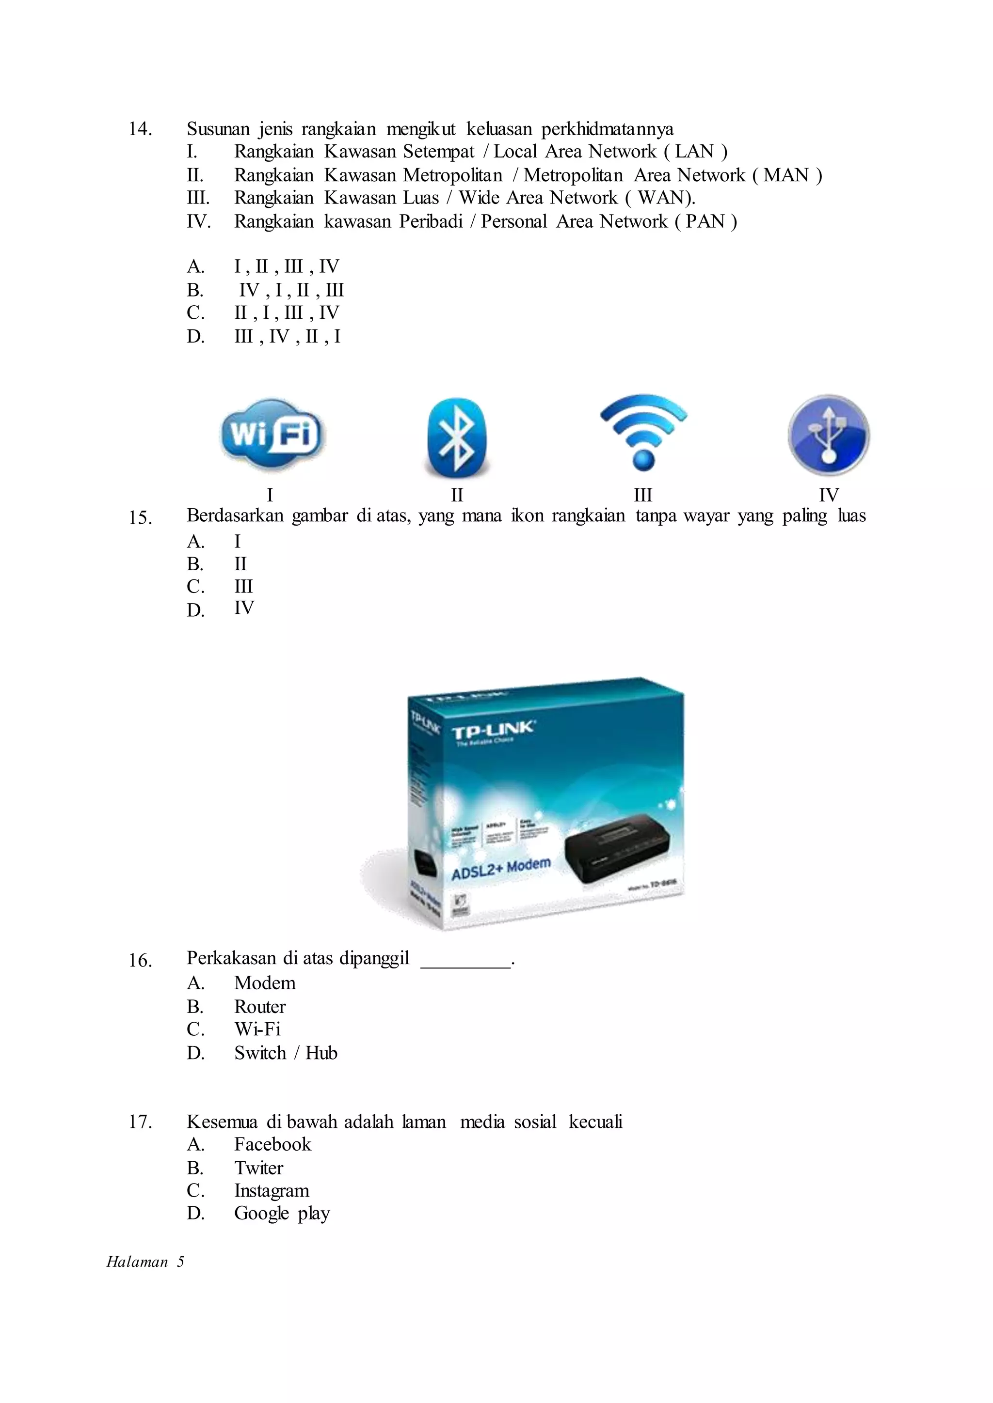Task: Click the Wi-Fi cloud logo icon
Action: click(x=272, y=435)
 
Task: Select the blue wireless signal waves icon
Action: click(x=643, y=431)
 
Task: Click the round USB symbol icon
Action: click(x=829, y=435)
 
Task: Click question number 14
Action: click(x=140, y=129)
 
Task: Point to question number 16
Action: click(x=140, y=960)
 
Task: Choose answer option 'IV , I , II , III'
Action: click(x=291, y=290)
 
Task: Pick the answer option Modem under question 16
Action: click(x=265, y=983)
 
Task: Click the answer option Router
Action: click(x=260, y=1006)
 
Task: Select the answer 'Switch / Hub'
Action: click(x=286, y=1053)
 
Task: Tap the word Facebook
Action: click(x=272, y=1144)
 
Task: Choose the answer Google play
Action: click(x=282, y=1213)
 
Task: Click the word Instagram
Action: click(x=272, y=1190)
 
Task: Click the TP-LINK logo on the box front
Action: click(x=493, y=730)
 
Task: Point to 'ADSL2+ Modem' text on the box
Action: click(x=501, y=868)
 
